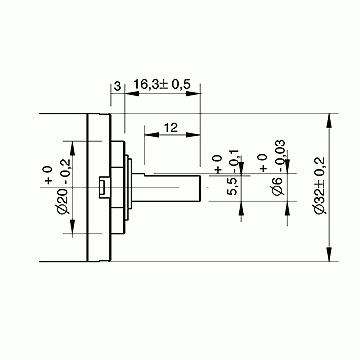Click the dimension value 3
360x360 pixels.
pyautogui.click(x=117, y=86)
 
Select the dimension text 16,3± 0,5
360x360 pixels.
pyautogui.click(x=162, y=85)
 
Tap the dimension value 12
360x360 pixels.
pyautogui.click(x=171, y=127)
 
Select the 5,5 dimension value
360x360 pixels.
pyautogui.click(x=232, y=187)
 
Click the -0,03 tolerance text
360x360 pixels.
pyautogui.click(x=280, y=156)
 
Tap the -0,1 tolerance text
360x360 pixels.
pyautogui.click(x=235, y=161)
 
